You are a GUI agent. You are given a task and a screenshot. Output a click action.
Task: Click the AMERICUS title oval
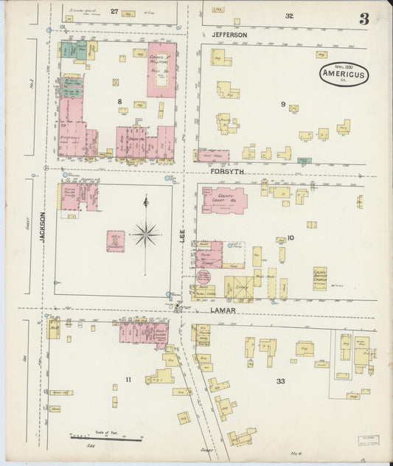[x=344, y=74]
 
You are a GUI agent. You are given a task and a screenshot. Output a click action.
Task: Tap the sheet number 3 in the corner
[x=364, y=18]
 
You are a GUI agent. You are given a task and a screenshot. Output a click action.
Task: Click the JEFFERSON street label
[x=229, y=35]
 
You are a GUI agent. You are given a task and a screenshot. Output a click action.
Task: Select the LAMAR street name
[x=223, y=310]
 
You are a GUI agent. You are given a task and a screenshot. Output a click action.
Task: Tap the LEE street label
[x=182, y=236]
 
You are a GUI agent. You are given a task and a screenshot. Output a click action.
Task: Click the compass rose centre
[x=146, y=235]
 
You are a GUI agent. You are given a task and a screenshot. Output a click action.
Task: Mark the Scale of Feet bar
[x=106, y=439]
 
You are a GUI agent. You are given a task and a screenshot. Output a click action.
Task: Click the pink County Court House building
[x=224, y=200]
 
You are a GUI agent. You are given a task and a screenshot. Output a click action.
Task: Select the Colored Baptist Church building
[x=319, y=278]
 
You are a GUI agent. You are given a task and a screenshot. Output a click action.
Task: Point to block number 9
[x=282, y=104]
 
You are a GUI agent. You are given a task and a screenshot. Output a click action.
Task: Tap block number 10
[x=291, y=237]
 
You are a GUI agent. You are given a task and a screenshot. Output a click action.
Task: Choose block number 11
[x=128, y=380]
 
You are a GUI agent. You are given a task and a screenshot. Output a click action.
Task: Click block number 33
[x=280, y=380]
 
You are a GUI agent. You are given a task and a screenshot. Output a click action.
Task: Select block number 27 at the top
[x=114, y=12]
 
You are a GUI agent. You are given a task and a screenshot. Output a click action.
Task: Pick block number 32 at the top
[x=289, y=15]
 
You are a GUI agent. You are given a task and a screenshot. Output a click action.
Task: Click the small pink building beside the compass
[x=115, y=241]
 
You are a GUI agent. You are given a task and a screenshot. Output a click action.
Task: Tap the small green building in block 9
[x=304, y=160]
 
